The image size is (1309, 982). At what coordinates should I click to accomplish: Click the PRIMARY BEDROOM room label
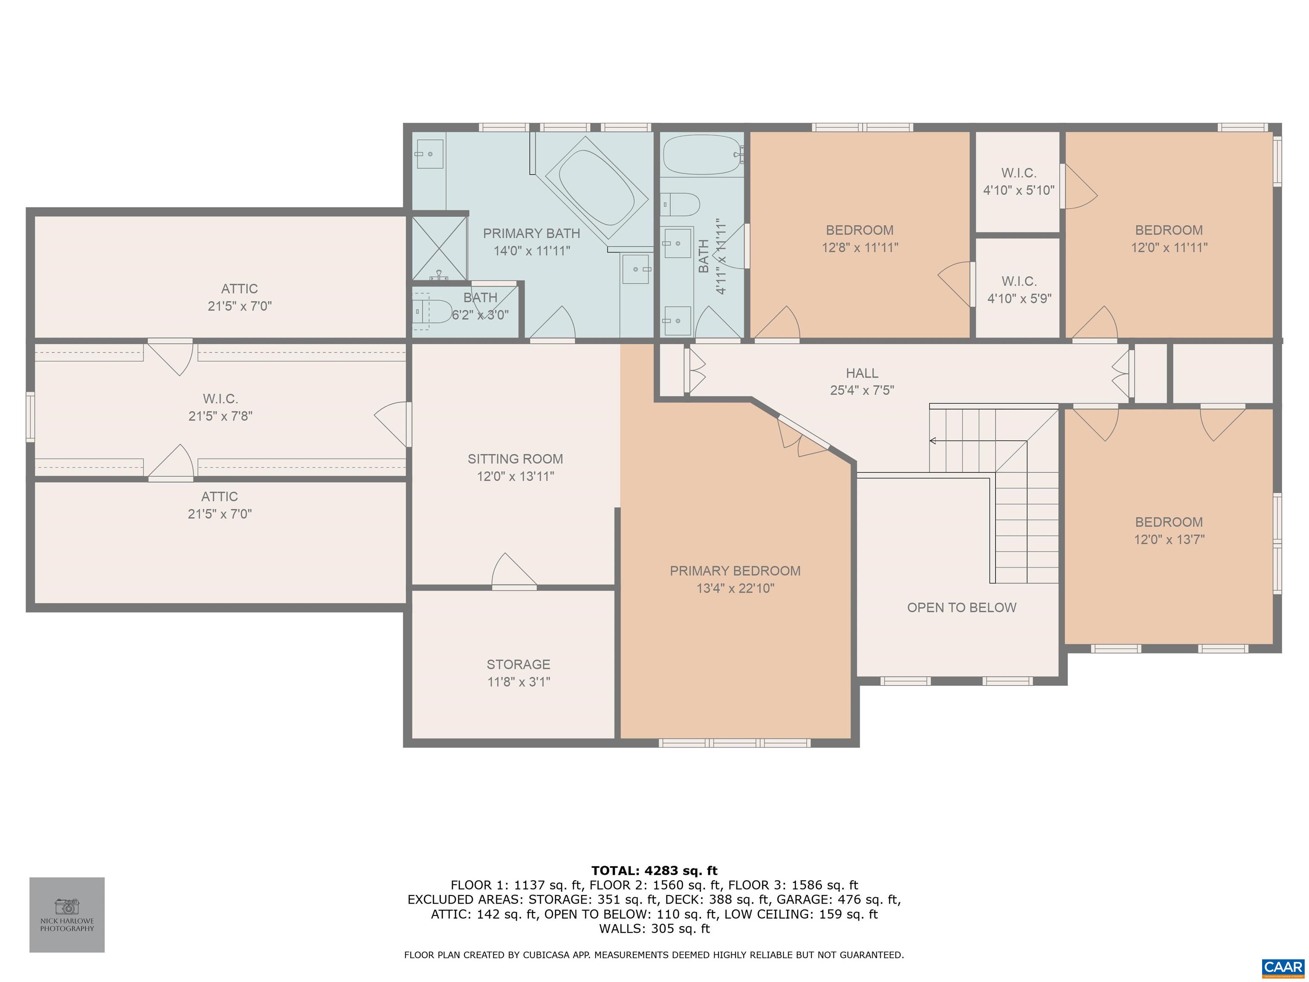[x=735, y=571]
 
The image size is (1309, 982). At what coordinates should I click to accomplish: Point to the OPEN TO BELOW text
[x=962, y=607]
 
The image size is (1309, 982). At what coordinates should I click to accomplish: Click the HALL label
[x=862, y=373]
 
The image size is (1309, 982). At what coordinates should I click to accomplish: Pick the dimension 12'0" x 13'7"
[x=1169, y=539]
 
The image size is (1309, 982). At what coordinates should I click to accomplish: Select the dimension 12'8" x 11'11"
[x=860, y=248]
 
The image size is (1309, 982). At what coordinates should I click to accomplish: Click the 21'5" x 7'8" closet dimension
[x=220, y=416]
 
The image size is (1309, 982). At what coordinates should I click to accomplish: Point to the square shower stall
[x=439, y=248]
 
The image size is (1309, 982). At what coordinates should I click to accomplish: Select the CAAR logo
[x=1283, y=967]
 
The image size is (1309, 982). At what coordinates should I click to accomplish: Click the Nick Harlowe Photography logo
[x=67, y=915]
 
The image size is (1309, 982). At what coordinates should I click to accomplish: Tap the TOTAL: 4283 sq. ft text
[x=654, y=871]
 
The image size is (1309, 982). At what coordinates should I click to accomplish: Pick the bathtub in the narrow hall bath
[x=702, y=154]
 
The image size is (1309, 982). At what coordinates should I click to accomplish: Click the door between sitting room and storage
[x=514, y=571]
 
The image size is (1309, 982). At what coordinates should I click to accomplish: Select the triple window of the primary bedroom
[x=734, y=743]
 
